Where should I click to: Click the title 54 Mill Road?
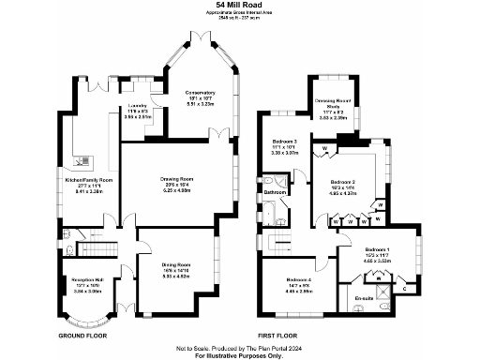click(238, 5)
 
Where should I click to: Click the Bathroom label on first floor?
click(275, 193)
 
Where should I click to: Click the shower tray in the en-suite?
click(378, 278)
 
